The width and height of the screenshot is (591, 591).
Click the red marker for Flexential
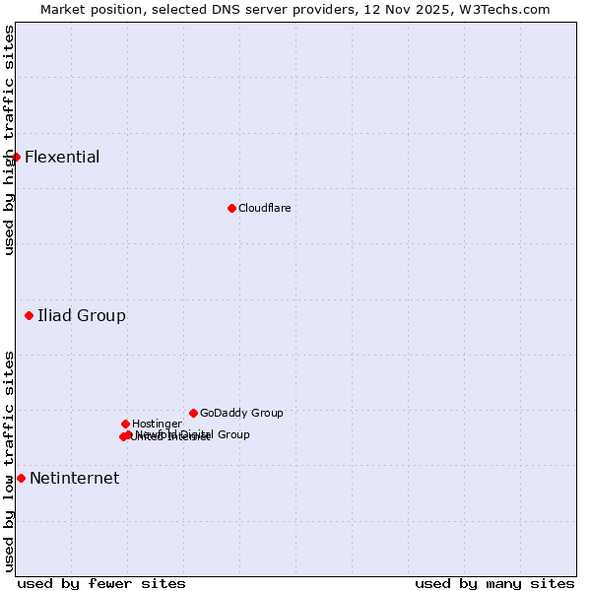[16, 157]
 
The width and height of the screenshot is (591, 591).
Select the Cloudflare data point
[231, 208]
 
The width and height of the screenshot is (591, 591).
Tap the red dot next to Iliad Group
[30, 316]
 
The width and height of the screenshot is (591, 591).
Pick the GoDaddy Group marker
[193, 413]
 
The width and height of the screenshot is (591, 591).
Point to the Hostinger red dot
[125, 424]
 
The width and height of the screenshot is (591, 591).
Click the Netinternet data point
[21, 479]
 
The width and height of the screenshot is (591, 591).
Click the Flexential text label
[62, 158]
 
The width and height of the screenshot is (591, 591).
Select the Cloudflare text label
[264, 208]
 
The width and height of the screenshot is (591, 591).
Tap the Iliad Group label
[82, 316]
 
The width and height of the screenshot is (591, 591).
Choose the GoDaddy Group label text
[241, 413]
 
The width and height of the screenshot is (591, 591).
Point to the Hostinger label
[157, 424]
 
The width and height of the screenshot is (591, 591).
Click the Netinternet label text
[74, 479]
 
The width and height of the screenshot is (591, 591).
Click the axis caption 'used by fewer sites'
[101, 583]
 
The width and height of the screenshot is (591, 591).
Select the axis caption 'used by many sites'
[494, 583]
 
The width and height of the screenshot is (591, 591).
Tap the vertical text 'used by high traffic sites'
[9, 140]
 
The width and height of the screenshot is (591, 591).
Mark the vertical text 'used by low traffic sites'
[9, 461]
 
